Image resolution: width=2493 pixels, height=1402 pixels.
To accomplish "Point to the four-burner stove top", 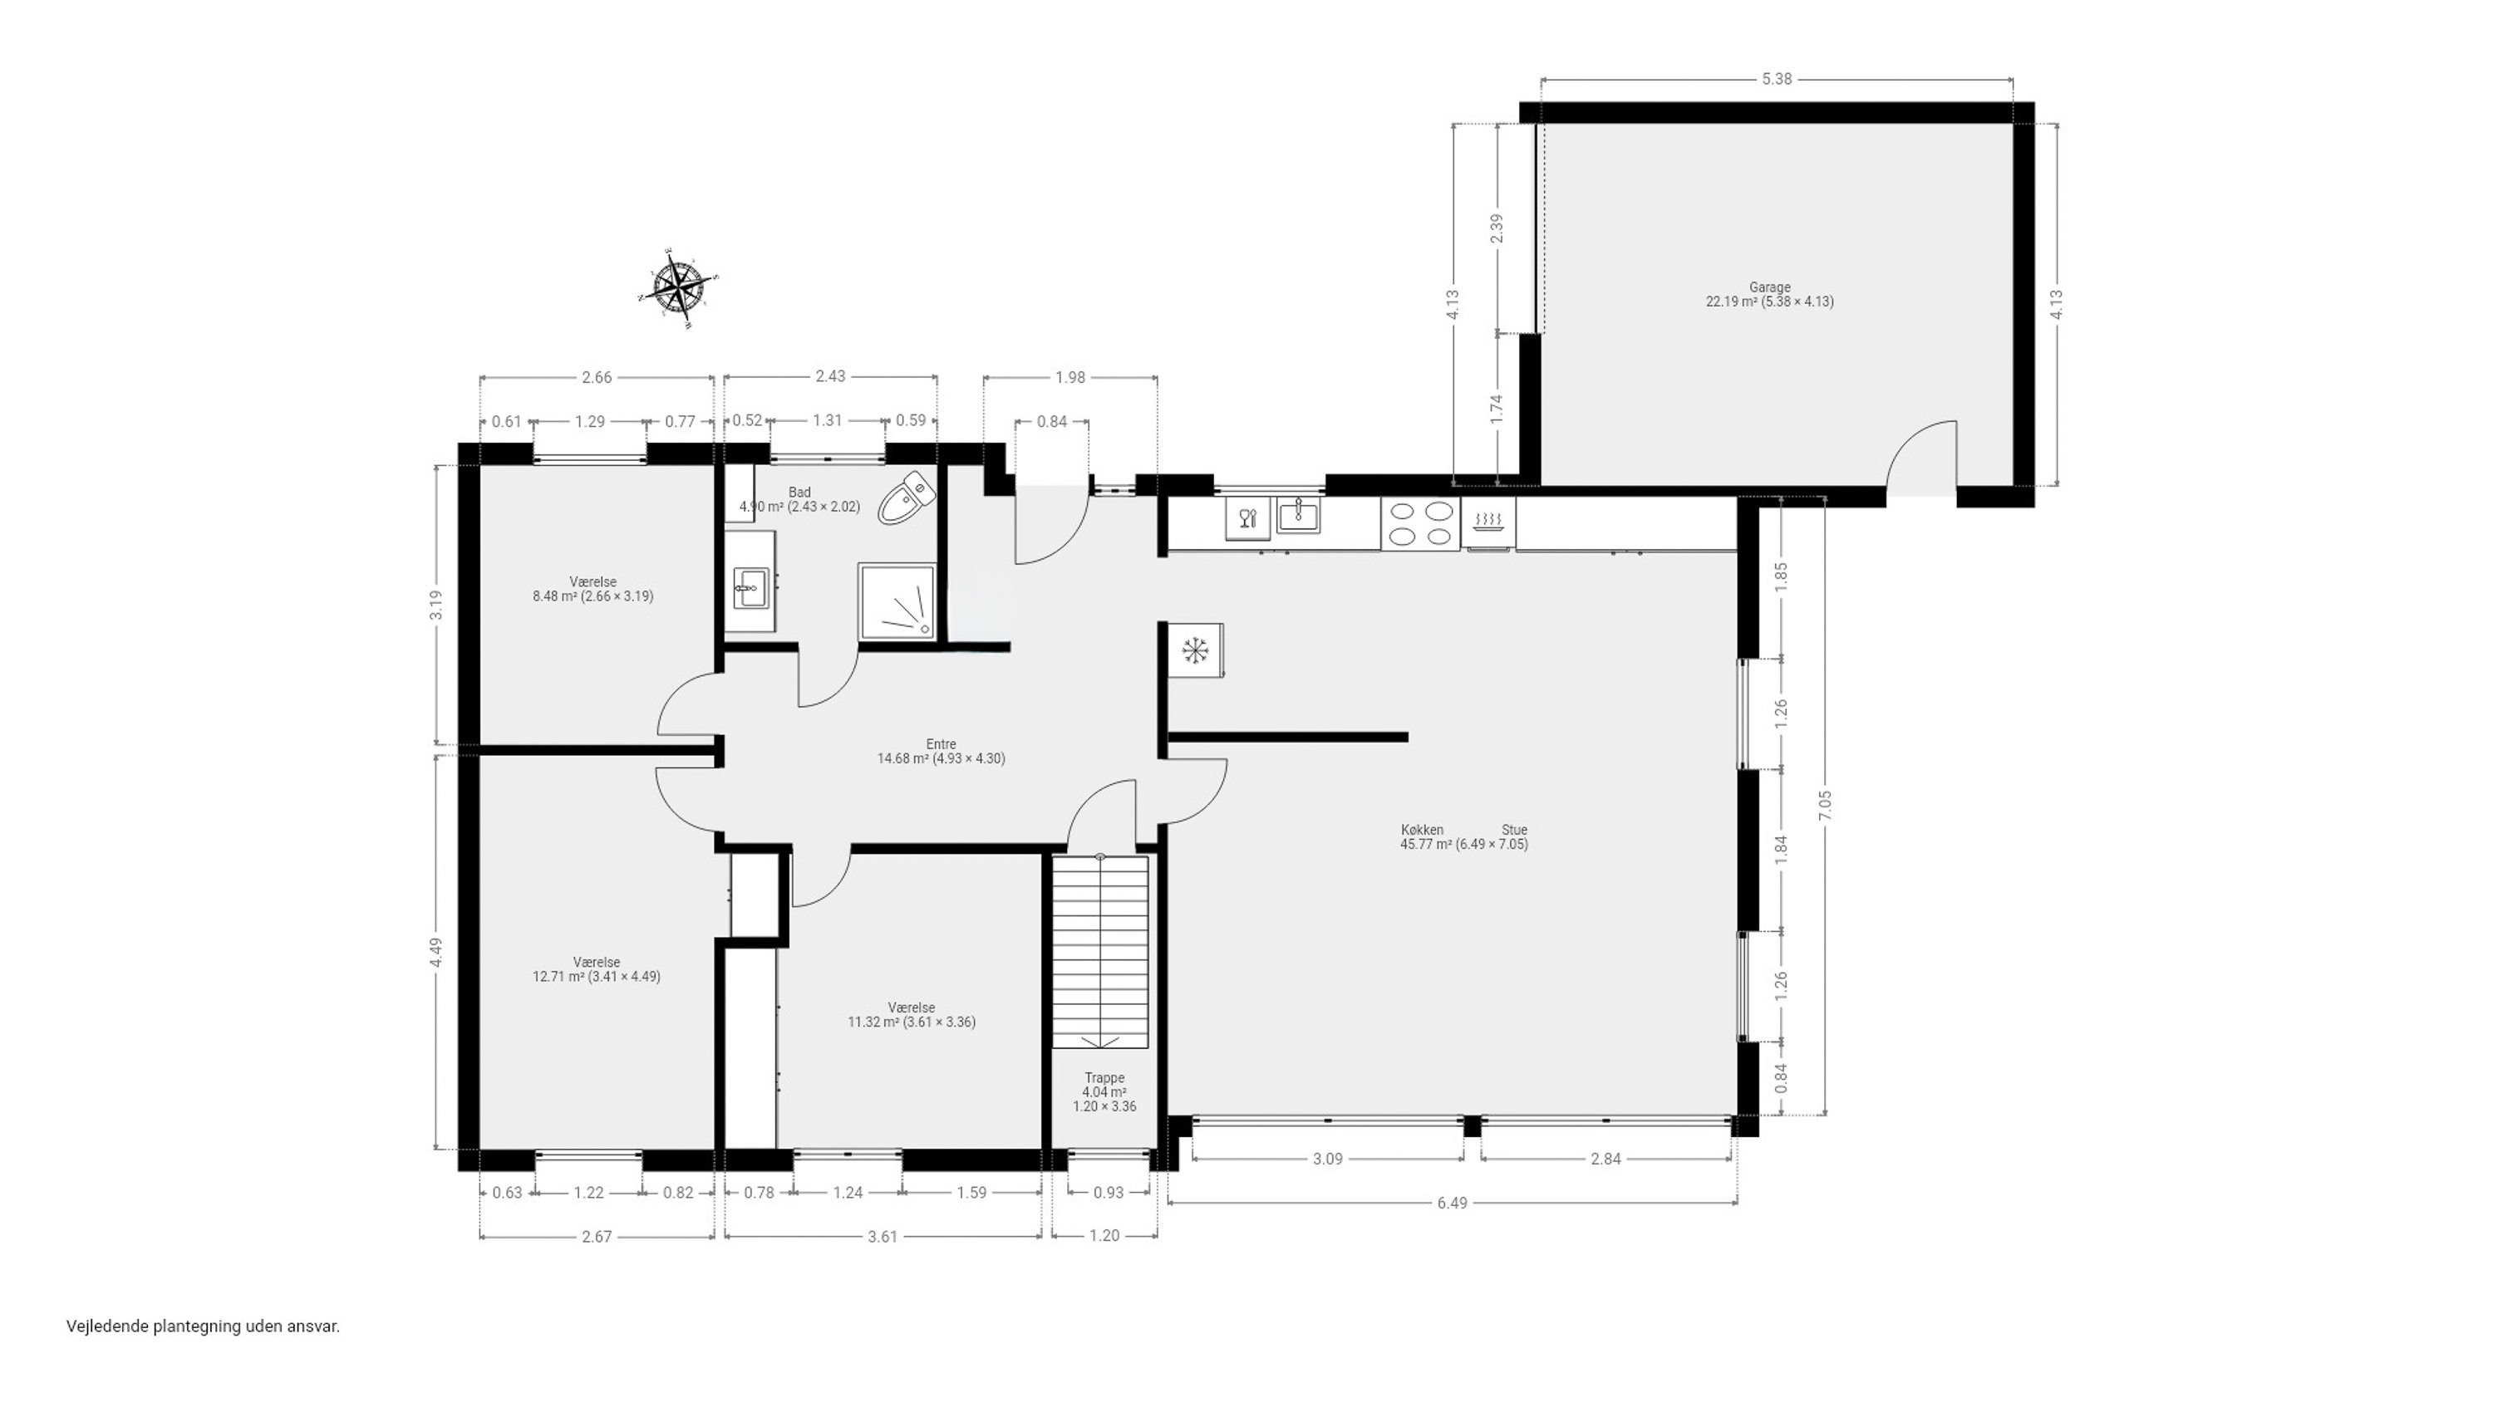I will click(1419, 523).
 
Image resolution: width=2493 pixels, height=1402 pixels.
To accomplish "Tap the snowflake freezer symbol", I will click(1196, 650).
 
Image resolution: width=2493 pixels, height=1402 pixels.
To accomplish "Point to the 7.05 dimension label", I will click(1825, 806).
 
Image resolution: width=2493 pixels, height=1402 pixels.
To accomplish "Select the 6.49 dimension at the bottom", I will click(1452, 1203).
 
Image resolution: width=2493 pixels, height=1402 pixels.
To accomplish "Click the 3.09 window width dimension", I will click(1328, 1158).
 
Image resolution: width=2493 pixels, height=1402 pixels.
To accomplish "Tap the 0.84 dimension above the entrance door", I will click(1052, 422).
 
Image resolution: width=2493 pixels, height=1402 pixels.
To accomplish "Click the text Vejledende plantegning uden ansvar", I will click(204, 1326).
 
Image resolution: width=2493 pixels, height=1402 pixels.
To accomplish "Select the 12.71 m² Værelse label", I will click(596, 969).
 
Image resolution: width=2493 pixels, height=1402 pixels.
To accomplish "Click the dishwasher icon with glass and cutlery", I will click(1247, 517).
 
